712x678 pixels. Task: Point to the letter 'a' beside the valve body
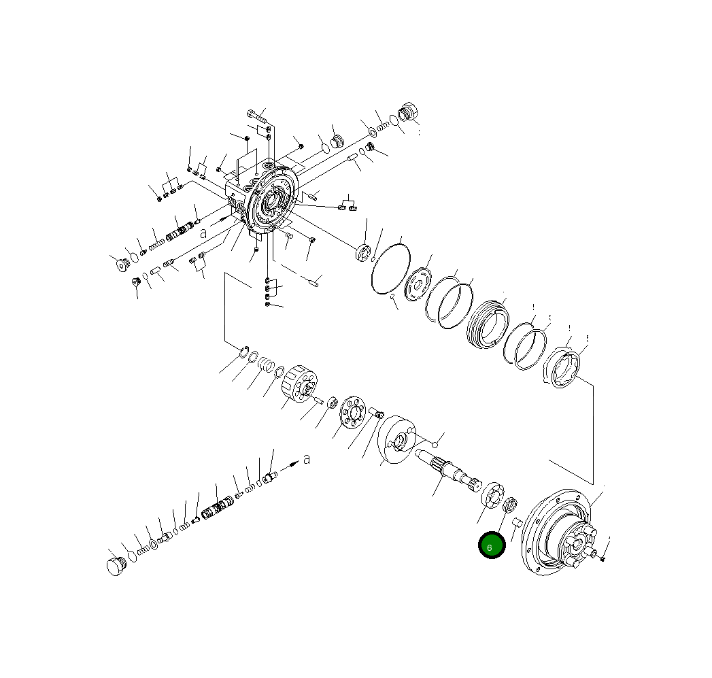203,233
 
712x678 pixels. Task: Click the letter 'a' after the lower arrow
307,459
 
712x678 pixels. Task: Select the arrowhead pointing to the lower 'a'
294,464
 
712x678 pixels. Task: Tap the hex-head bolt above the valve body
256,116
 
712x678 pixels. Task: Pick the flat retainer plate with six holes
352,413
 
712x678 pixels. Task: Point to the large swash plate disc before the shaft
396,441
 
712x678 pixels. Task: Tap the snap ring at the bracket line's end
243,352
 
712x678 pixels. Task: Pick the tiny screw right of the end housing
603,557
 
